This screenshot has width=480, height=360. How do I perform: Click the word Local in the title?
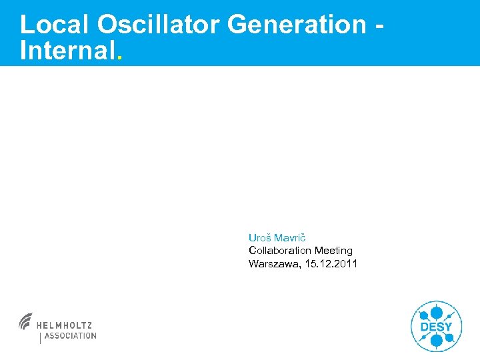click(55, 25)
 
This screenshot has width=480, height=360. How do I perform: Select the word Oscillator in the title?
click(159, 25)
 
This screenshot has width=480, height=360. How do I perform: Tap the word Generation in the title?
click(296, 25)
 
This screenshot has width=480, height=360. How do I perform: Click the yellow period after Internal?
click(119, 58)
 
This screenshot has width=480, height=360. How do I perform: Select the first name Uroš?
click(259, 237)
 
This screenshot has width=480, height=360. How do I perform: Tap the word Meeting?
click(333, 251)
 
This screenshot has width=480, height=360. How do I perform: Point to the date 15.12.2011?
click(331, 264)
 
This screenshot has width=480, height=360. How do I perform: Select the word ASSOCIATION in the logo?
click(70, 336)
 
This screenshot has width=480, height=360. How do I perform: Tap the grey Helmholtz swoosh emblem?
click(26, 321)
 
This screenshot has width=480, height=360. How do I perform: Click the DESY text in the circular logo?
click(436, 327)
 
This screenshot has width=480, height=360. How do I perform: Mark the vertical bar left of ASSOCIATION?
click(41, 337)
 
